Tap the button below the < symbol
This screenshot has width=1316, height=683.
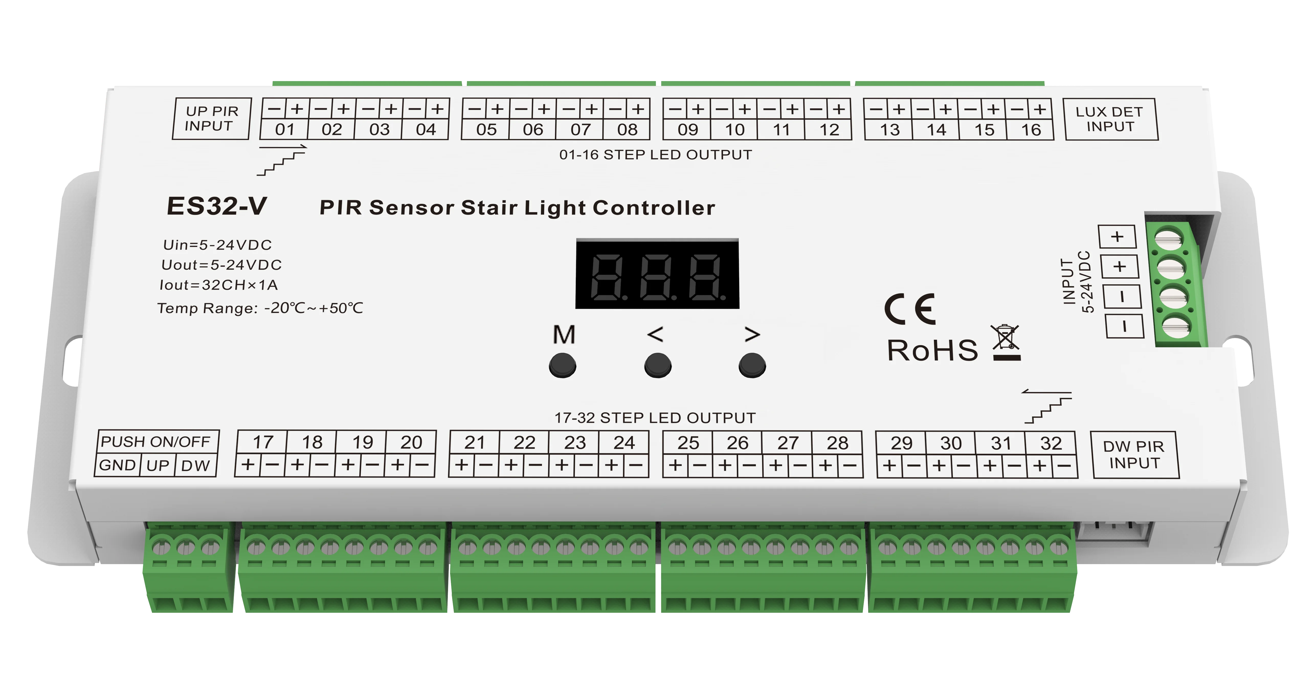click(657, 366)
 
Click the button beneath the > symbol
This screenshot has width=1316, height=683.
click(752, 366)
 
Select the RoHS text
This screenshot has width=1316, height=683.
click(932, 350)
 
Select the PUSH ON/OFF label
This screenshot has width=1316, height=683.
click(156, 441)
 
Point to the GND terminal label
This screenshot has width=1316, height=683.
click(117, 465)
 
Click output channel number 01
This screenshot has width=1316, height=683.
click(285, 130)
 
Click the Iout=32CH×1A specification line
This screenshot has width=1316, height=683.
click(219, 285)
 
